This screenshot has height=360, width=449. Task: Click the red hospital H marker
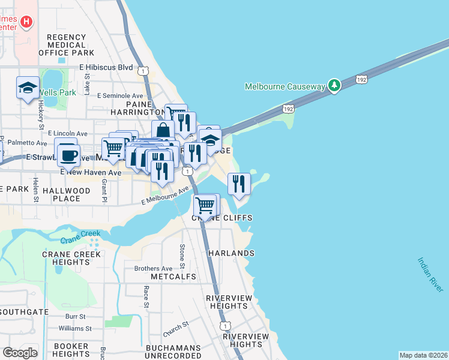point(26,22)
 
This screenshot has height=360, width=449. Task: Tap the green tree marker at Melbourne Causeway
point(334,86)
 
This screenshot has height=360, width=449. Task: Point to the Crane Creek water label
point(85,236)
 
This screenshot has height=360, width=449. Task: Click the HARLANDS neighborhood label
point(231,253)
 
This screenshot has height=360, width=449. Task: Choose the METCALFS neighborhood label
point(174,277)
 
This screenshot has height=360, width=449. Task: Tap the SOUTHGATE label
point(24,312)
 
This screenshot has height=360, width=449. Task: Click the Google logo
point(20,353)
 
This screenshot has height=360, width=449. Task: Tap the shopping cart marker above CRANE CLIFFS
point(205,206)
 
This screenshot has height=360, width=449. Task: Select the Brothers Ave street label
point(153,268)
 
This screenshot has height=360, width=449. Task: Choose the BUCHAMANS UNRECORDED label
point(173,352)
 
